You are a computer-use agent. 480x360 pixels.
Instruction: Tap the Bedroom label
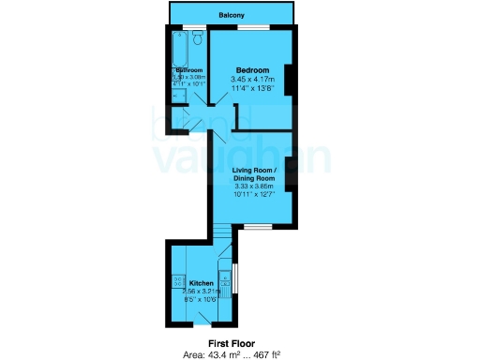[x=252, y=71]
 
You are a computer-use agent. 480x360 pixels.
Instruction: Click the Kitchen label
[x=202, y=283]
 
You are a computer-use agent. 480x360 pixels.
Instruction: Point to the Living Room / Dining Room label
[x=254, y=173]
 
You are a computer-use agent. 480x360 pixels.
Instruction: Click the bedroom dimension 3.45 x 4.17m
[x=252, y=81]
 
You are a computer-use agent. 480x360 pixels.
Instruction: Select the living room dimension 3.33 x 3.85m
[x=254, y=187]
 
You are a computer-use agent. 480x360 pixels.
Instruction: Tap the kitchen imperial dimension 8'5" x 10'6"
[x=203, y=300]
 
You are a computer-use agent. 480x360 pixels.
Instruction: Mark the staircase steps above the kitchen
[x=221, y=235]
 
